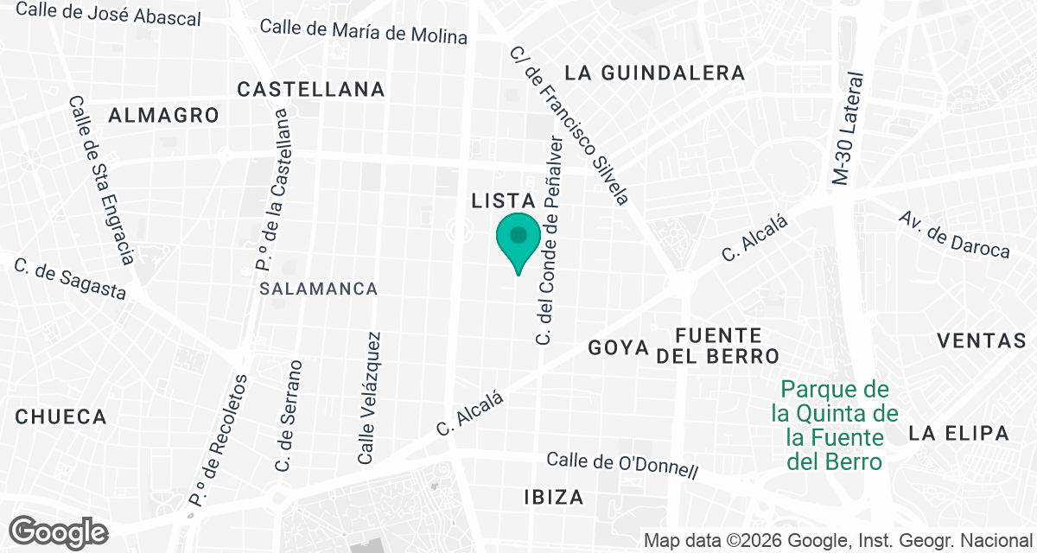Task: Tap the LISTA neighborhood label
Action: pyautogui.click(x=505, y=201)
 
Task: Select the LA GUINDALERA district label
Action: pyautogui.click(x=655, y=73)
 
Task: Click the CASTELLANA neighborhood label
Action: pyautogui.click(x=311, y=89)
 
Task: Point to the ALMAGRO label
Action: pyautogui.click(x=164, y=115)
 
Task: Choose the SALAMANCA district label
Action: pyautogui.click(x=319, y=289)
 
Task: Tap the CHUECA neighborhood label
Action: pyautogui.click(x=60, y=416)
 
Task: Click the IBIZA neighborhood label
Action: pyautogui.click(x=554, y=497)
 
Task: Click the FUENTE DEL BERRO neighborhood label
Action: pyautogui.click(x=718, y=345)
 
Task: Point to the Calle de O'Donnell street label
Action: pyautogui.click(x=622, y=465)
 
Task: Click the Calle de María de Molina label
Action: pyautogui.click(x=363, y=32)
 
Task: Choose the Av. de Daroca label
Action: pyautogui.click(x=954, y=234)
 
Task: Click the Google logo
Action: pyautogui.click(x=58, y=531)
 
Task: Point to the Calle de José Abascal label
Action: pyautogui.click(x=108, y=14)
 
